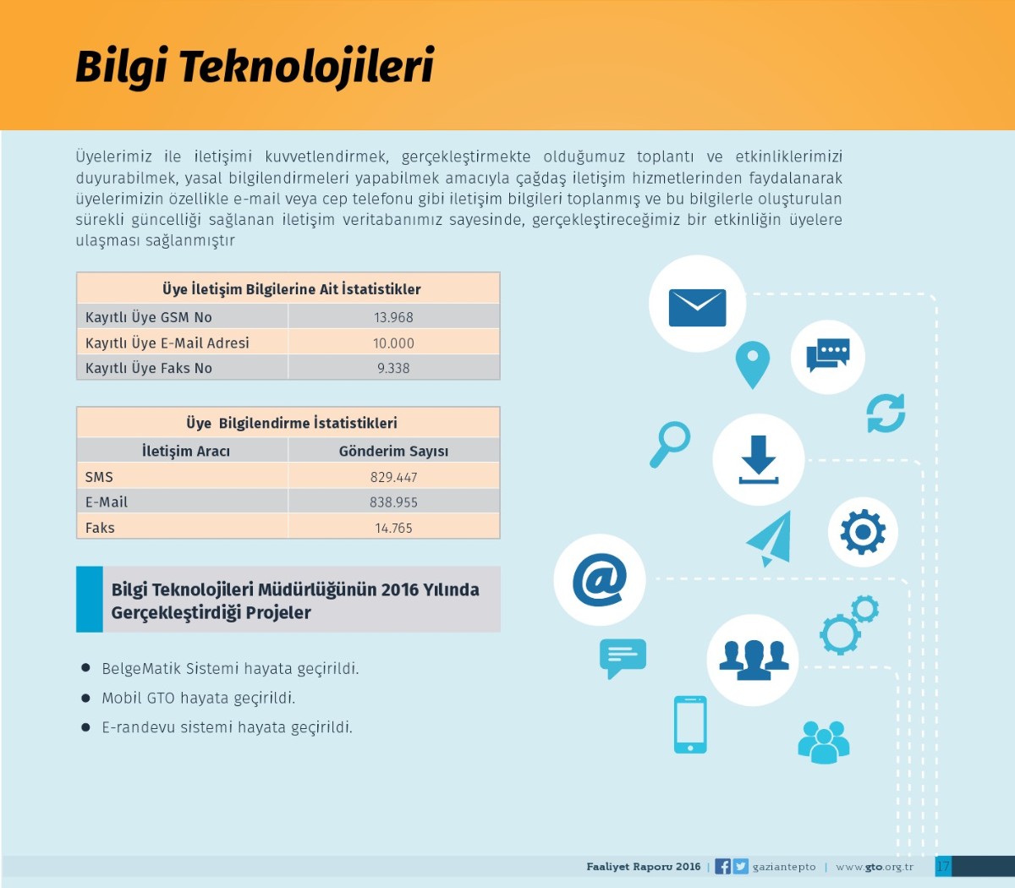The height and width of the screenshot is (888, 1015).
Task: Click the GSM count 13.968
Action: pyautogui.click(x=393, y=317)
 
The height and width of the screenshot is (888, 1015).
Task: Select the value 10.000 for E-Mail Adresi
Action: pyautogui.click(x=393, y=343)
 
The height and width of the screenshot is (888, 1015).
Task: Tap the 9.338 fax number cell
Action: pyautogui.click(x=393, y=368)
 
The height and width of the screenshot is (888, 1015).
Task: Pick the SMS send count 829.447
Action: pyautogui.click(x=393, y=477)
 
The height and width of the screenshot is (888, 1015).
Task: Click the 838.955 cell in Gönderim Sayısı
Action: pyautogui.click(x=393, y=502)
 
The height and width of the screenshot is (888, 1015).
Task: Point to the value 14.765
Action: pyautogui.click(x=393, y=528)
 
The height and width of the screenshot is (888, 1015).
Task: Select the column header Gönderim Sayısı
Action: pyautogui.click(x=393, y=451)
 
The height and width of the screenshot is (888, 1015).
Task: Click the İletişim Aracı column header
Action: pyautogui.click(x=186, y=451)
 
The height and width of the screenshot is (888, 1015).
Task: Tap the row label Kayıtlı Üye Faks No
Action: pyautogui.click(x=149, y=368)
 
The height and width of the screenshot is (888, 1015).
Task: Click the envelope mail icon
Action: pyautogui.click(x=697, y=308)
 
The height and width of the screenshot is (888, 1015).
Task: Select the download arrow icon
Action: pyautogui.click(x=759, y=459)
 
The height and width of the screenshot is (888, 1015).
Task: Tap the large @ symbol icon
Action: pyautogui.click(x=600, y=579)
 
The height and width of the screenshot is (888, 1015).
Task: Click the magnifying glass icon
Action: pyautogui.click(x=670, y=444)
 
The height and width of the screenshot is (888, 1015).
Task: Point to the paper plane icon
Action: pyautogui.click(x=770, y=539)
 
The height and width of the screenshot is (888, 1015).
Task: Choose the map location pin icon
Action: pyautogui.click(x=753, y=365)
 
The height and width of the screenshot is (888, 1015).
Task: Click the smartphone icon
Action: pyautogui.click(x=690, y=725)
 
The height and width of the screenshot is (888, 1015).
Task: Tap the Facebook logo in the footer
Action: pyautogui.click(x=723, y=866)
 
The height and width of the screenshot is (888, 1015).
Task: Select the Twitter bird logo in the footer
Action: pyautogui.click(x=740, y=866)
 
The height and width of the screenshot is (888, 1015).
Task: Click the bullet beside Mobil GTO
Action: pyautogui.click(x=85, y=698)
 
